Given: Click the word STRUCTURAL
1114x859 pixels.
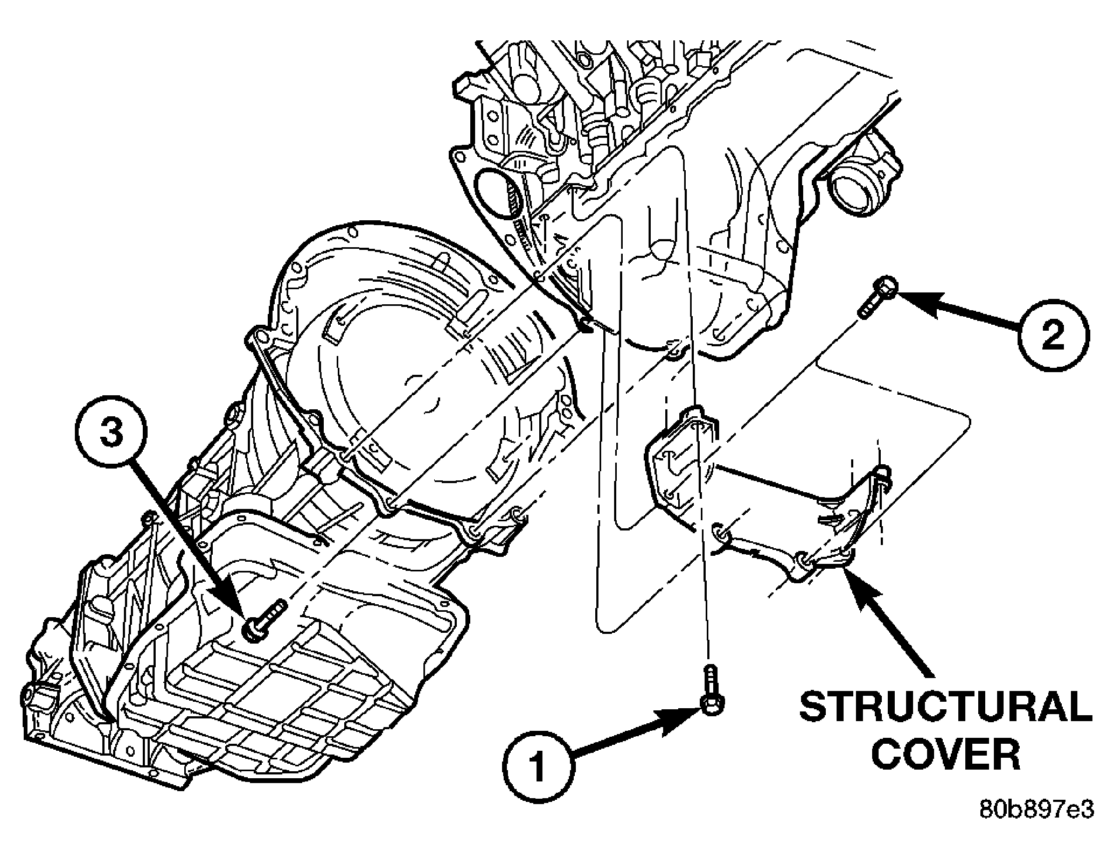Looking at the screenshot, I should point(945,707).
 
